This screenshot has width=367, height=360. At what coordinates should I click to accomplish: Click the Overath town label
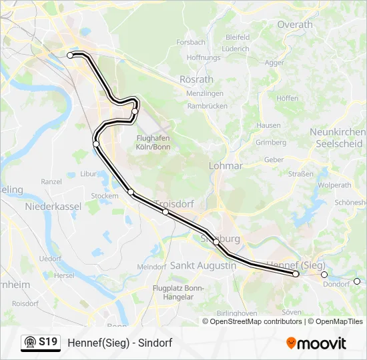tap(294, 25)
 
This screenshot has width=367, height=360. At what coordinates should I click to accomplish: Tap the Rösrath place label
tap(196, 79)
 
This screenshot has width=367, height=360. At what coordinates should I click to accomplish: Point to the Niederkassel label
tap(53, 207)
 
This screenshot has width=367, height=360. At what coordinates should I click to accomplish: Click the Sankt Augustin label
tap(204, 265)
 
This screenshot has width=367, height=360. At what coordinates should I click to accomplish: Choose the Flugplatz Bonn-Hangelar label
tap(177, 292)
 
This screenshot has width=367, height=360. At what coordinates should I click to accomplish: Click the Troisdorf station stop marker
tap(165, 212)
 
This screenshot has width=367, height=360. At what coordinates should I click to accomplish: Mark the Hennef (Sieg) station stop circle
tap(296, 274)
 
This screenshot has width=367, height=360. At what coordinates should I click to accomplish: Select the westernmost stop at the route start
tap(70, 55)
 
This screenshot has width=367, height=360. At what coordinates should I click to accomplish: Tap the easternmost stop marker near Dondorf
tap(356, 281)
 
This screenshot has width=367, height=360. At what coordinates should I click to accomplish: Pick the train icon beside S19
tap(30, 343)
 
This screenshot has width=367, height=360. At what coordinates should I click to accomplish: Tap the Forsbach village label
tap(191, 42)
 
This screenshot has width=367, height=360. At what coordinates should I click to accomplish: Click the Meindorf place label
tap(151, 267)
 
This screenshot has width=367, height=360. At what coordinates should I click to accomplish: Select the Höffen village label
tap(287, 98)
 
